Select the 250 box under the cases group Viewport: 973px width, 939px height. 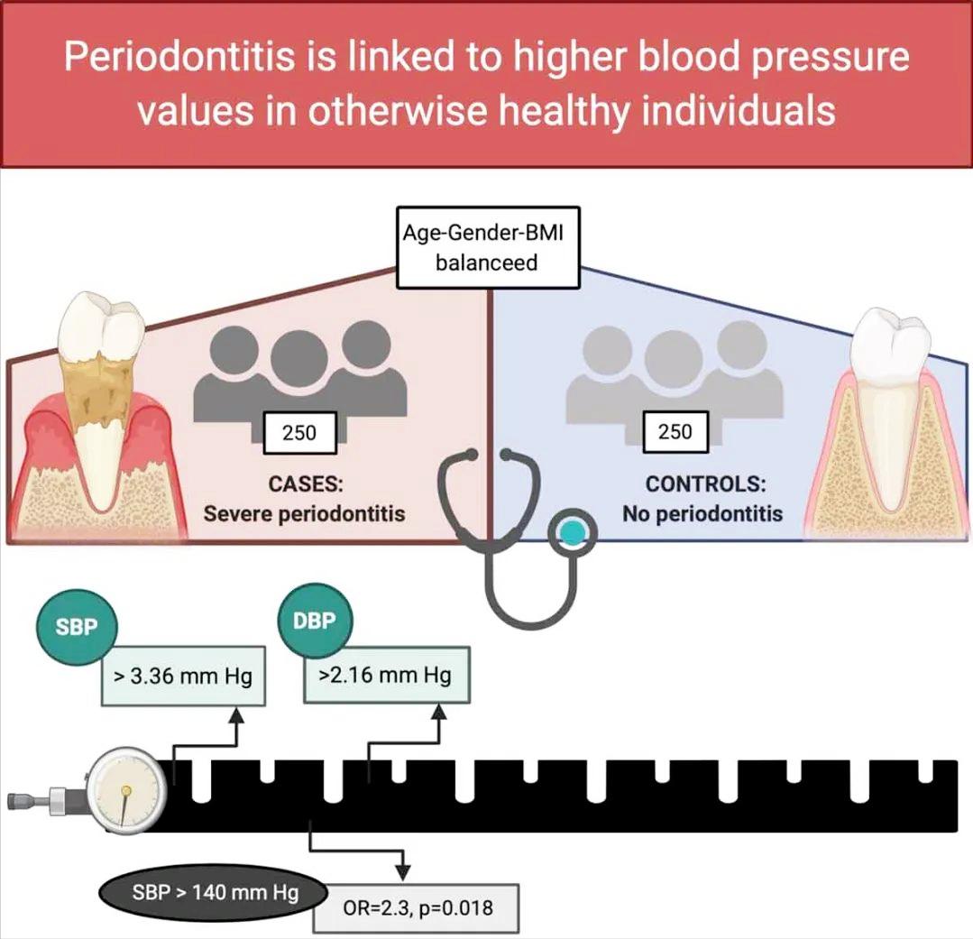298,433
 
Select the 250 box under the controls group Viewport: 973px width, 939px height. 675,433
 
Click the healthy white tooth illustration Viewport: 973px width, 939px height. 889,397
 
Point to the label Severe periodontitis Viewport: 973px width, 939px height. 304,514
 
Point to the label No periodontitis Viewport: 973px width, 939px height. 702,514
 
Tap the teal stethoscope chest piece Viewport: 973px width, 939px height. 570,535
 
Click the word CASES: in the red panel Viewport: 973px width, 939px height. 305,483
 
